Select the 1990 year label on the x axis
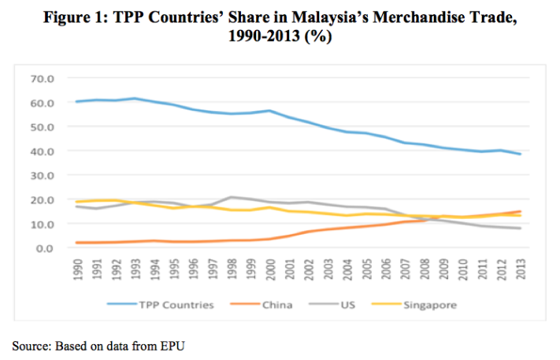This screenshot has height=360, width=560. click(x=76, y=268)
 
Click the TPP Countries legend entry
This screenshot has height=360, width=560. click(x=177, y=305)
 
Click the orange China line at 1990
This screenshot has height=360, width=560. click(x=76, y=243)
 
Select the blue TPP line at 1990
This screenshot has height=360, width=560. click(x=76, y=102)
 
